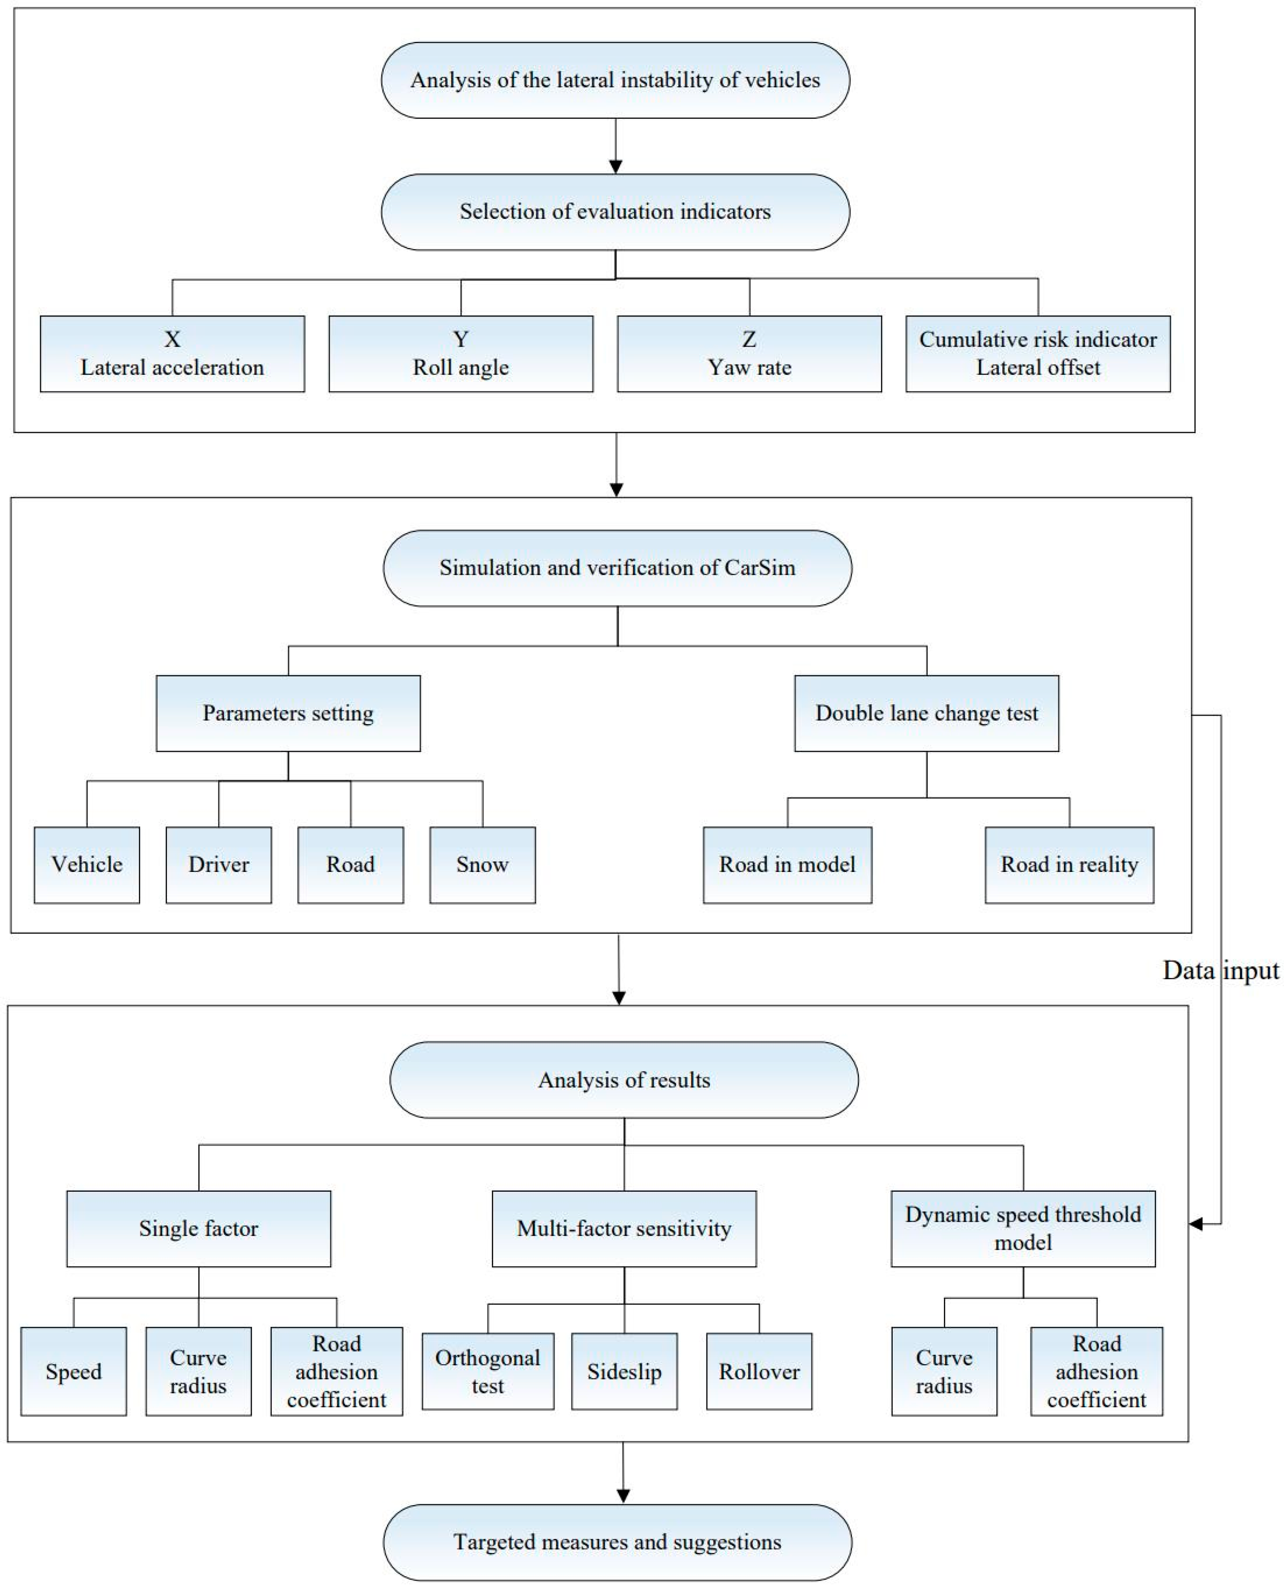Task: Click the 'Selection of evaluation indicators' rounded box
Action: [x=615, y=212]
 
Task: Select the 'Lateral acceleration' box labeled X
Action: [x=172, y=354]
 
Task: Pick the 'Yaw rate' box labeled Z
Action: [x=749, y=354]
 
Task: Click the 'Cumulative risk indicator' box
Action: [x=1038, y=354]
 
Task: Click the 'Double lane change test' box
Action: [x=926, y=713]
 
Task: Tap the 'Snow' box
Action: [x=482, y=865]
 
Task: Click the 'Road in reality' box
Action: [x=1069, y=865]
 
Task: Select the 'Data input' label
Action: [x=1220, y=970]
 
